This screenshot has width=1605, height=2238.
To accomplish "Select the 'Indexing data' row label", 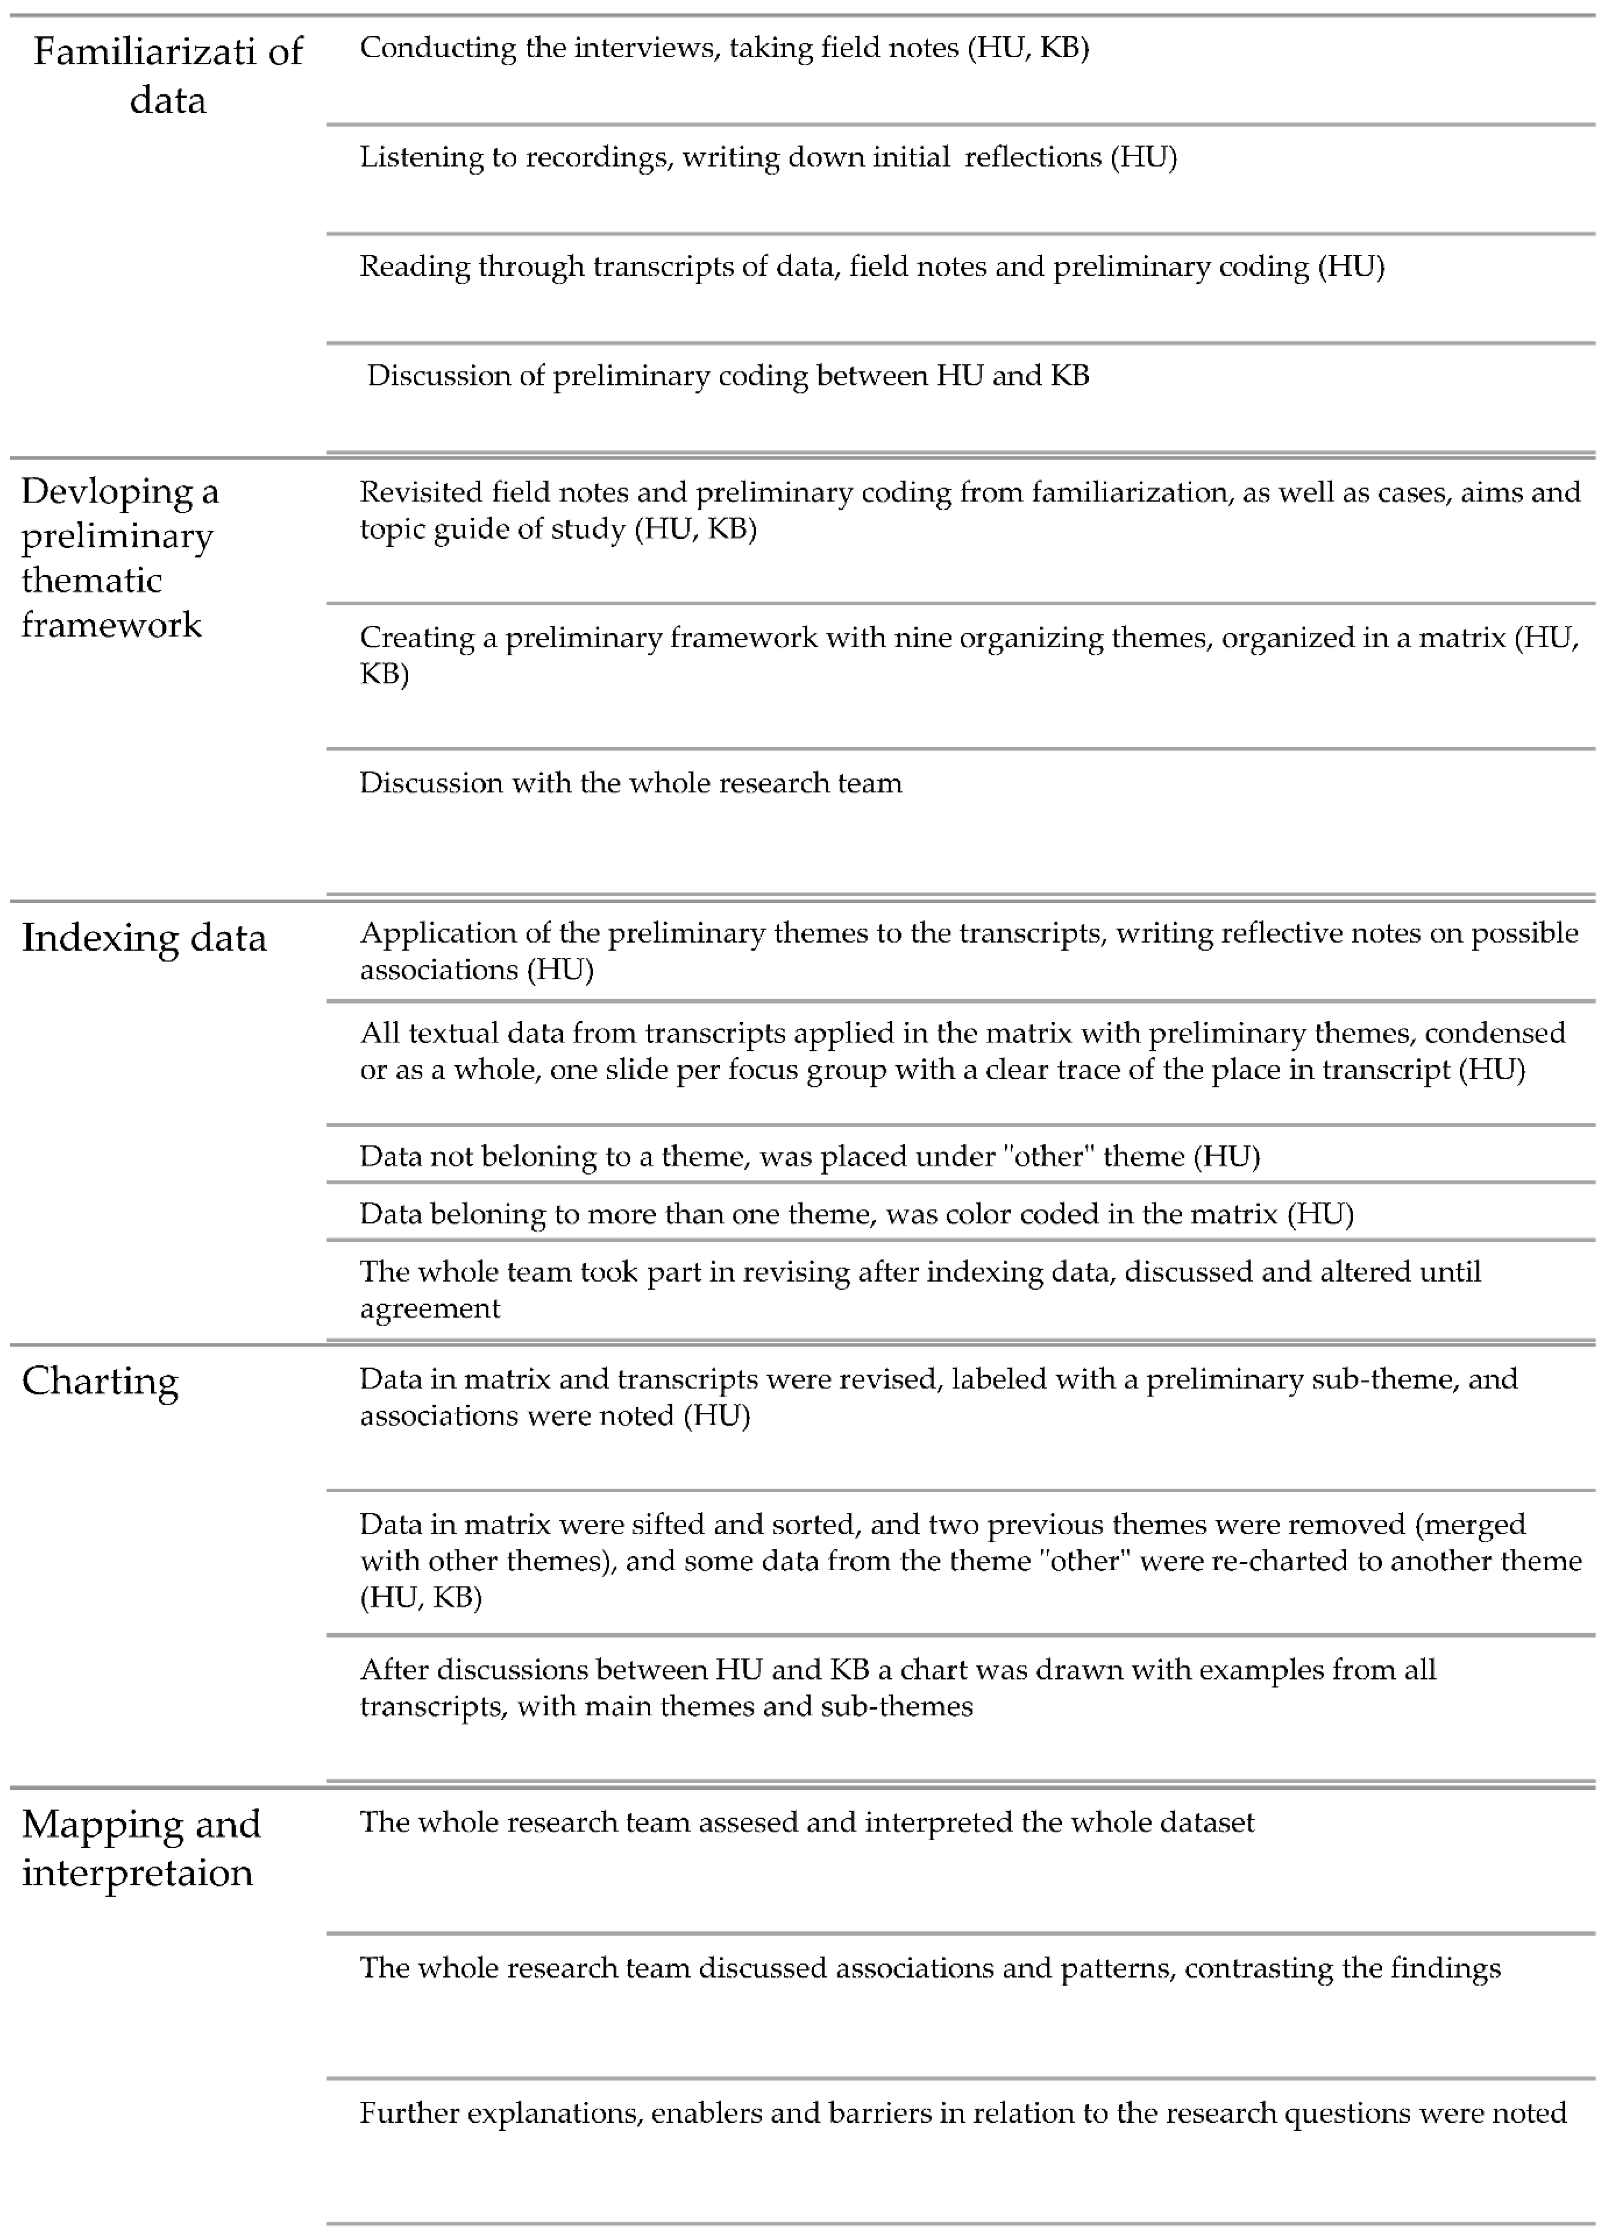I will [144, 938].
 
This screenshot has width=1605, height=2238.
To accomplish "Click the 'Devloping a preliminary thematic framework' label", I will [120, 558].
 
